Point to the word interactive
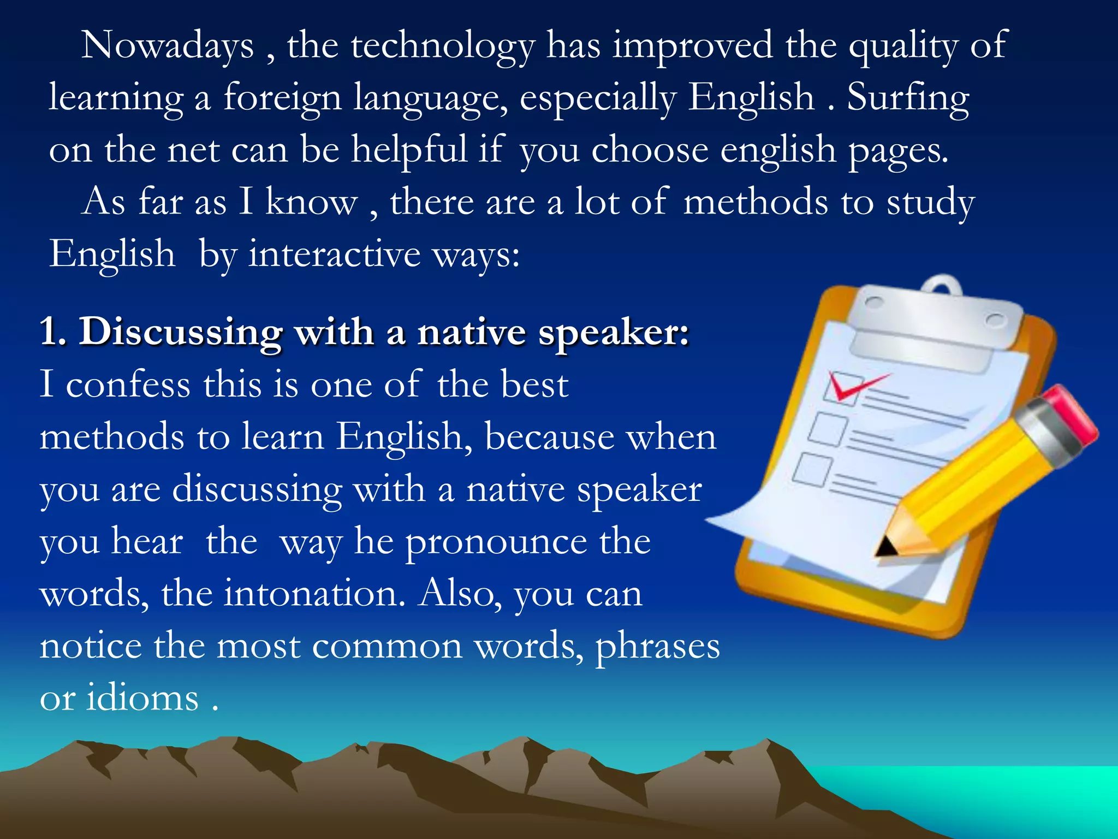[335, 255]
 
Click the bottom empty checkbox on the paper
[812, 469]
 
